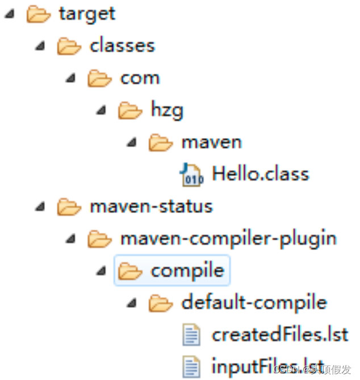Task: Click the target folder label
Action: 87,14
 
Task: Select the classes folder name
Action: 122,45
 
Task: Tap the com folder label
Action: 140,78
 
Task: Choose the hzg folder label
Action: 167,110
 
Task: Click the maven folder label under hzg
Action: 211,142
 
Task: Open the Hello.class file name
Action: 260,173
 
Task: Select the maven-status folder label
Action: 151,206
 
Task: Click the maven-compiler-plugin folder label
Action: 228,238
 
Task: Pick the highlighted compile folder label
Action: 187,270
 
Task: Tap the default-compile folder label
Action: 254,302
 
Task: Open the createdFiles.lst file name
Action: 280,335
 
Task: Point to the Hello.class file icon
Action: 191,174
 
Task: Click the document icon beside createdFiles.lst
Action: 191,335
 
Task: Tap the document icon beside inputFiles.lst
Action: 191,365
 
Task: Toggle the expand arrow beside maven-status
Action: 40,207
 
